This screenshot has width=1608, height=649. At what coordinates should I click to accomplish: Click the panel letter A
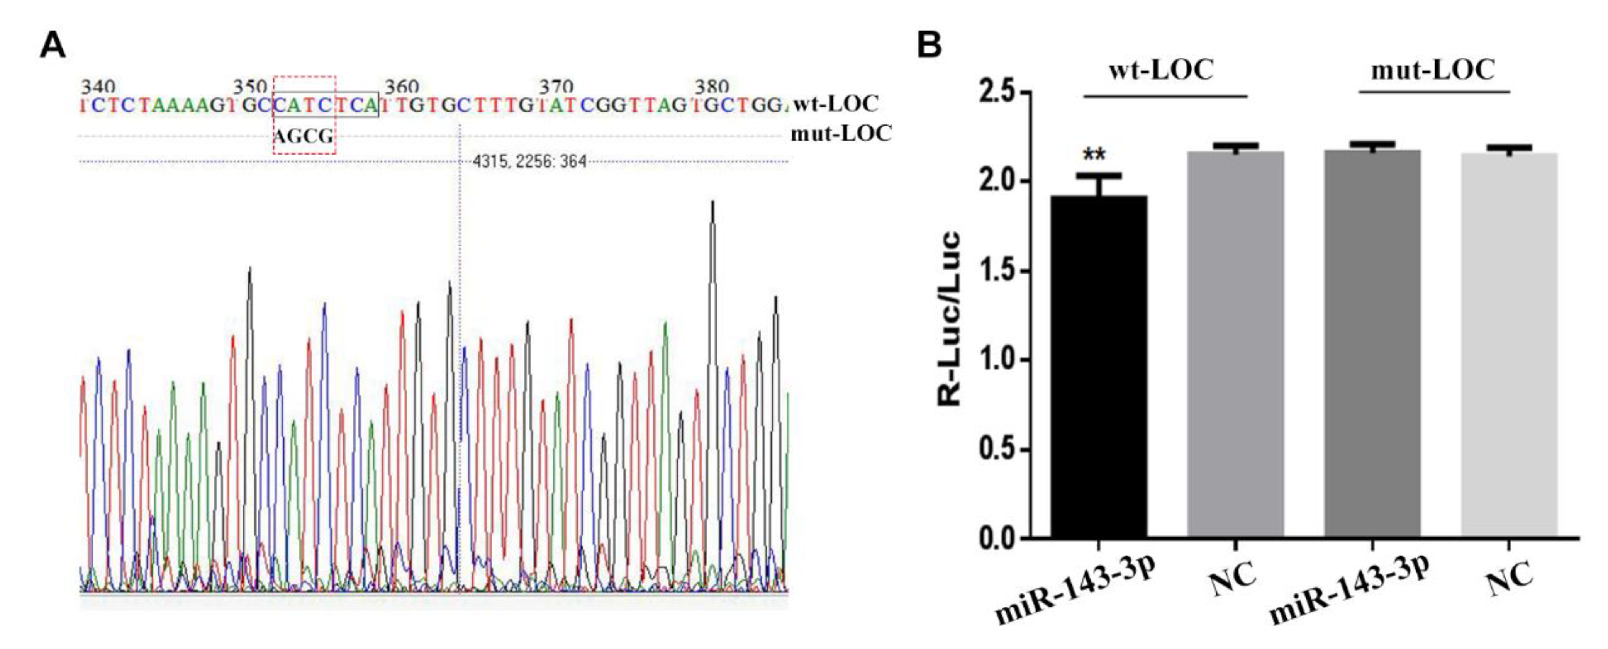coord(53,46)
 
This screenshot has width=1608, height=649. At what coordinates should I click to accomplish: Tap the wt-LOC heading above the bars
coord(1161,69)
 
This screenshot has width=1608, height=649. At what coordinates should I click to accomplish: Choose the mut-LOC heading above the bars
coord(1433,69)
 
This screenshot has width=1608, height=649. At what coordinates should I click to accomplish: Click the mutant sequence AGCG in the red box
coord(304,136)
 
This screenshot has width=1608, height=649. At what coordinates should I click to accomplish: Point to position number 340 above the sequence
coord(98,86)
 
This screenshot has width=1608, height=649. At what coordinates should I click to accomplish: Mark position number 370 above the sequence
coord(556,86)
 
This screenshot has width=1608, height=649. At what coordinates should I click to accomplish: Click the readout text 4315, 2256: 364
coord(529,162)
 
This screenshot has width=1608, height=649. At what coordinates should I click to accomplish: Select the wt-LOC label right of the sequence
coord(835,103)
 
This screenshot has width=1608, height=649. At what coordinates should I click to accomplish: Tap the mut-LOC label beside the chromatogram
coord(841,133)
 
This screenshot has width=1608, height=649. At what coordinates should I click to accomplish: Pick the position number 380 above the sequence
coord(712,86)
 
